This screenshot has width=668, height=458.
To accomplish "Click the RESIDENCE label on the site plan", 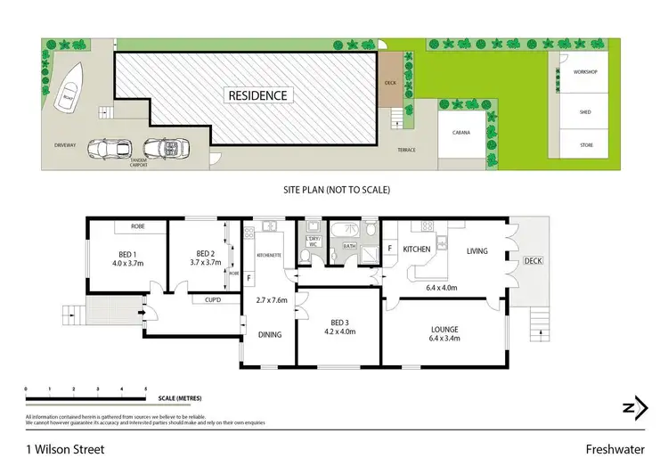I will pyautogui.click(x=257, y=95).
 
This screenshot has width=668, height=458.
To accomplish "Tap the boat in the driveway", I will pyautogui.click(x=69, y=101).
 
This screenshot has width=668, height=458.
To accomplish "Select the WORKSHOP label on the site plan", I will pyautogui.click(x=584, y=71).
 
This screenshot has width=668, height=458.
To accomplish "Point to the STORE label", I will pyautogui.click(x=584, y=144).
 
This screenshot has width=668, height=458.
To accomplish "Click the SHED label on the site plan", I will pyautogui.click(x=584, y=112).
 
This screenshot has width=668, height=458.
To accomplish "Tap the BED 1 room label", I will pyautogui.click(x=123, y=258).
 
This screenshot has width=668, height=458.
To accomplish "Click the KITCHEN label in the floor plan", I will pyautogui.click(x=417, y=251).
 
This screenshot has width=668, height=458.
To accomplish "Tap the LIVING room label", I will pyautogui.click(x=477, y=251).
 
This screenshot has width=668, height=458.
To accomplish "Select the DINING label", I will pyautogui.click(x=270, y=335).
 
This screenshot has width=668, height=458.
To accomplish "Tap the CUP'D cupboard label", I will pyautogui.click(x=214, y=300).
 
